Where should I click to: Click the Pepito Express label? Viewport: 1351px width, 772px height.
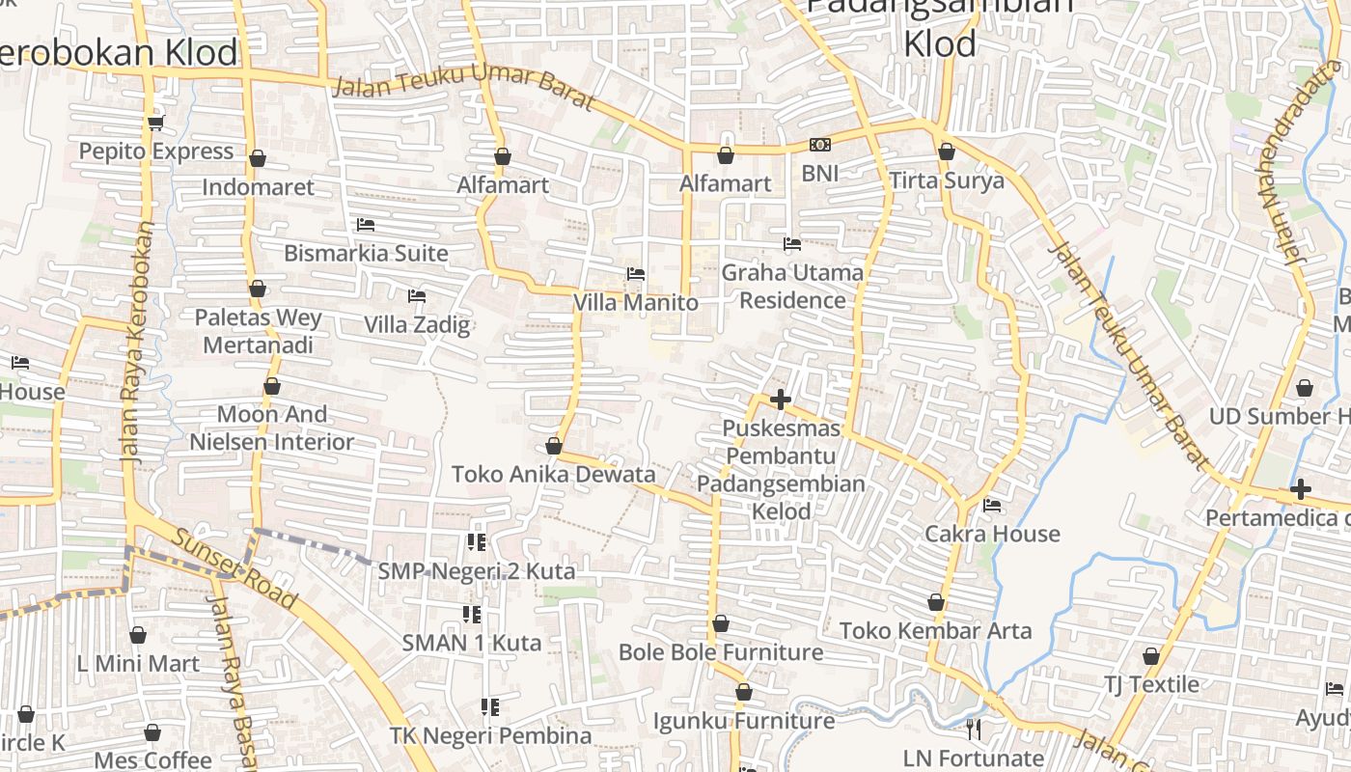click(156, 152)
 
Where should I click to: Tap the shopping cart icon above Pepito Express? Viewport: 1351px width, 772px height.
click(156, 123)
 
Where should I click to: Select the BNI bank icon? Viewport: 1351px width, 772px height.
click(820, 145)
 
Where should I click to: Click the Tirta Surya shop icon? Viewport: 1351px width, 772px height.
click(947, 152)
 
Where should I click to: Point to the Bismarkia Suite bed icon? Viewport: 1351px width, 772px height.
click(366, 225)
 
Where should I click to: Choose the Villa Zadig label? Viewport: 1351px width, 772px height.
click(417, 324)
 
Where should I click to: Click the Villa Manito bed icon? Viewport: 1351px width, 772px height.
click(636, 274)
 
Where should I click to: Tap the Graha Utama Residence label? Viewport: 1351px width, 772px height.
click(792, 286)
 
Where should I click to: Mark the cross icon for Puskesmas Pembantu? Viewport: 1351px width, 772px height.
click(781, 400)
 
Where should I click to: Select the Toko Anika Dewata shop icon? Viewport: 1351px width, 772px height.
click(554, 446)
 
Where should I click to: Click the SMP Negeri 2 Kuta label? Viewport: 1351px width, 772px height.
click(477, 571)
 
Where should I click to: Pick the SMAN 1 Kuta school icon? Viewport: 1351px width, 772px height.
click(472, 614)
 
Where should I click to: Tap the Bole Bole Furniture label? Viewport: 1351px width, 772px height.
click(721, 652)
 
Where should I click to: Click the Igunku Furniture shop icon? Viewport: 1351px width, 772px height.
click(744, 692)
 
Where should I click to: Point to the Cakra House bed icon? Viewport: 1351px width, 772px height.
click(992, 506)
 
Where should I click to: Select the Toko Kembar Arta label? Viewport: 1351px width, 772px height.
click(935, 631)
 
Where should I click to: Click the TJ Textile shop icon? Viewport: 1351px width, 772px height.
click(1151, 657)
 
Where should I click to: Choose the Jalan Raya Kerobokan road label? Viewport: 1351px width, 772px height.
click(139, 343)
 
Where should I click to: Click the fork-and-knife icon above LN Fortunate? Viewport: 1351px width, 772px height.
click(974, 730)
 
